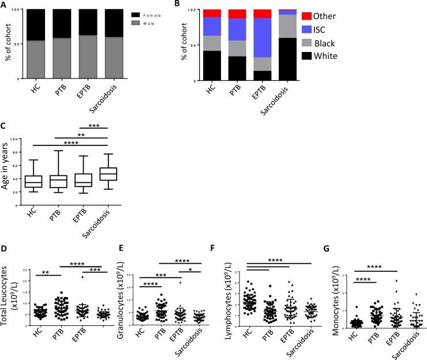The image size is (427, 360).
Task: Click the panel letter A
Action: (x=5, y=6)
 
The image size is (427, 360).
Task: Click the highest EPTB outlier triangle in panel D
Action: (x=67, y=277)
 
